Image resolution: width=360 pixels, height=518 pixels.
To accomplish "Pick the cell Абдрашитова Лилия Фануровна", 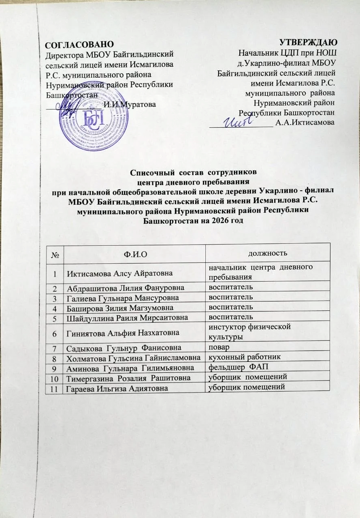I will click(x=125, y=288).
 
